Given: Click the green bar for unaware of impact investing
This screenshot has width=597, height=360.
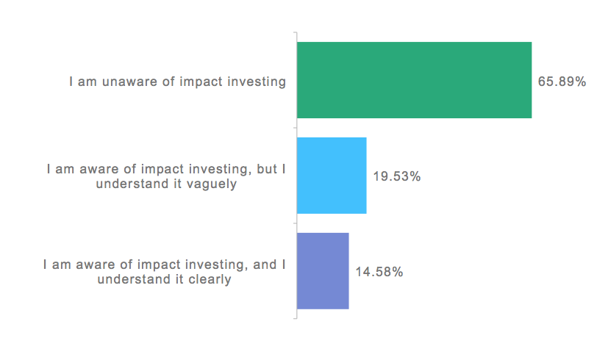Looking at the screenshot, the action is pos(414,80).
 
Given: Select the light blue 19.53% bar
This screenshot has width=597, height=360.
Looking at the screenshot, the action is pos(332,176).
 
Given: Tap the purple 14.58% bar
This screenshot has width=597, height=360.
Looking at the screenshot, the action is pos(323,271).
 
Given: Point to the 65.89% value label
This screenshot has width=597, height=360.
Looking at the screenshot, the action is pos(562,82).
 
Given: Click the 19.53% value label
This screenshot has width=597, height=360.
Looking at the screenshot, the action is pos(397,176).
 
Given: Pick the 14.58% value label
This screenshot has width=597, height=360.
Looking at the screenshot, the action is pos(379,272).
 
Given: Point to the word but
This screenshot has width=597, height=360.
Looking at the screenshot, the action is pos(266,169).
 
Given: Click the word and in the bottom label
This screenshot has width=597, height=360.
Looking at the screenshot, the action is pos(265,264).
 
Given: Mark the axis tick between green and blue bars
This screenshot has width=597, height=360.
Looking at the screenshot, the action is pos(295,128).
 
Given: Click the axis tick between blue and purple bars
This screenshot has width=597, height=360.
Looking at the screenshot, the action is pos(295,223).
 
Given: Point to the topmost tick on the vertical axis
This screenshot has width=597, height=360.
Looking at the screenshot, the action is pos(295,33).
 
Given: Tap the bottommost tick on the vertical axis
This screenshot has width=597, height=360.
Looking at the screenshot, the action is pos(295,319).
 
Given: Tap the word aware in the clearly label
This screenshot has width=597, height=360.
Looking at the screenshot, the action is pos(90,264).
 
